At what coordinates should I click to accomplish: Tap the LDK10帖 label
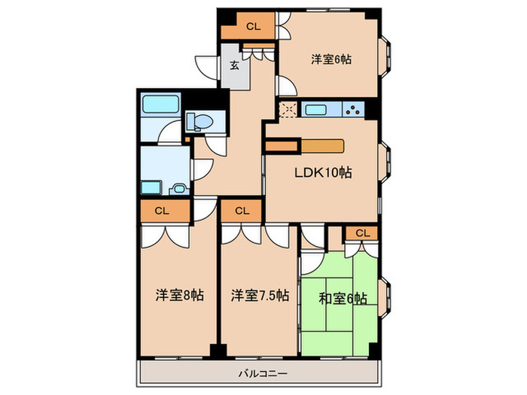[x=321, y=172]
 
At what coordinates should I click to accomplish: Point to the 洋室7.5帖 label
[x=259, y=296]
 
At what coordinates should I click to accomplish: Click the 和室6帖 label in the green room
[x=343, y=299]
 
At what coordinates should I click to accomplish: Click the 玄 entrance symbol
[x=233, y=65]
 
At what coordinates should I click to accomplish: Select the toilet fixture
[x=199, y=120]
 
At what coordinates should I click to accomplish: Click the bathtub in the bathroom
[x=159, y=105]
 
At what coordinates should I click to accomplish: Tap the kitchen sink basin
[x=315, y=109]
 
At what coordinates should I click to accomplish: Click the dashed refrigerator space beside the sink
[x=288, y=110]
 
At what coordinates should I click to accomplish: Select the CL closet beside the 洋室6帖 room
[x=251, y=26]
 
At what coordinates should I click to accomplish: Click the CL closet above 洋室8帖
[x=161, y=211]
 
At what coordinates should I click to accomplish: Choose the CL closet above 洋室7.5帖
[x=241, y=211]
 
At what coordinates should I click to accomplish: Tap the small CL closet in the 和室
[x=362, y=233]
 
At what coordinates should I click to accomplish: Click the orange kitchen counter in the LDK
[x=323, y=145]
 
